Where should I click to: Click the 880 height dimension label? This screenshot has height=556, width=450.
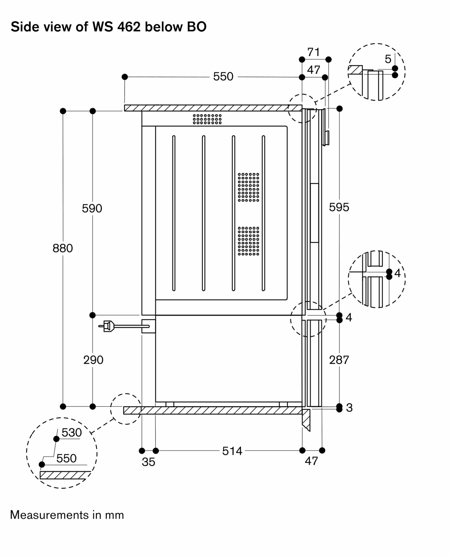coord(63,248)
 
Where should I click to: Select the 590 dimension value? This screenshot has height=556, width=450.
coord(92,209)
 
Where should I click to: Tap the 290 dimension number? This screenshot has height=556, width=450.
coord(93,360)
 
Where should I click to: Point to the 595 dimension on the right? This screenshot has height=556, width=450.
coord(339,207)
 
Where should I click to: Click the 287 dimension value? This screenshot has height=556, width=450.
coord(339,360)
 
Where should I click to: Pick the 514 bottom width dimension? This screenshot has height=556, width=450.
coord(232,451)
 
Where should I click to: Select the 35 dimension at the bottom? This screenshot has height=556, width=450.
coord(148,462)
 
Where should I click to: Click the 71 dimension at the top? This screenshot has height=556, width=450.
coord(314,52)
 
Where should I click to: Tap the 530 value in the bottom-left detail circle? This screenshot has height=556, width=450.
coord(71,433)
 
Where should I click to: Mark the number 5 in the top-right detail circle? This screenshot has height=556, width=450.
coord(388,59)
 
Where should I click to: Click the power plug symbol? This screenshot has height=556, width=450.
coord(108,326)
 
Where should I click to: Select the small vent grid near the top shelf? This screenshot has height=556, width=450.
coord(207,119)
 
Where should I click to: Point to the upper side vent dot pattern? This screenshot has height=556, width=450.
coord(248,187)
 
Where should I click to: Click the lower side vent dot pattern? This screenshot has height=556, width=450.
coord(248,241)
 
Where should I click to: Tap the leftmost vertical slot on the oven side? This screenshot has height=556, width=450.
coord(174,213)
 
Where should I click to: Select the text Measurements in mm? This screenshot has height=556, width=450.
coord(67,515)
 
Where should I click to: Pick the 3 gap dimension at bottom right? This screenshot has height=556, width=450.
coord(349,408)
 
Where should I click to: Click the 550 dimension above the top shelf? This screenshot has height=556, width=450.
coord(223,77)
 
